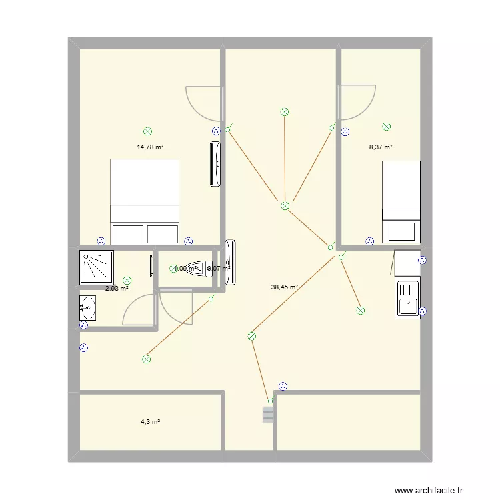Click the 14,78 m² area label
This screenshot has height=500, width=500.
click(150, 147)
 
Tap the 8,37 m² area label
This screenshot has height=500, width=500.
click(381, 147)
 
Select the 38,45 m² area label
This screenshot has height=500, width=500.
click(284, 287)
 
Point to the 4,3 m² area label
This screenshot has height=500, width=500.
click(150, 422)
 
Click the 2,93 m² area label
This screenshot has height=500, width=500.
click(117, 289)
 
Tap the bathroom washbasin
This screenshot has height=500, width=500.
click(87, 309)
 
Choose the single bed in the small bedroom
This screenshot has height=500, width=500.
click(401, 201)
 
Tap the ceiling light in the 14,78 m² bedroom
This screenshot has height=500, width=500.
click(147, 132)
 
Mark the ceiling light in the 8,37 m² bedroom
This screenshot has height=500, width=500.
click(386, 127)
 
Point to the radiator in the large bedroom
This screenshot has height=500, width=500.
click(215, 163)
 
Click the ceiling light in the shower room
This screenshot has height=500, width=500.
click(127, 281)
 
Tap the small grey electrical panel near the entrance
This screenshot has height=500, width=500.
click(268, 415)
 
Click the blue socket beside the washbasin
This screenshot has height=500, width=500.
click(83, 325)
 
